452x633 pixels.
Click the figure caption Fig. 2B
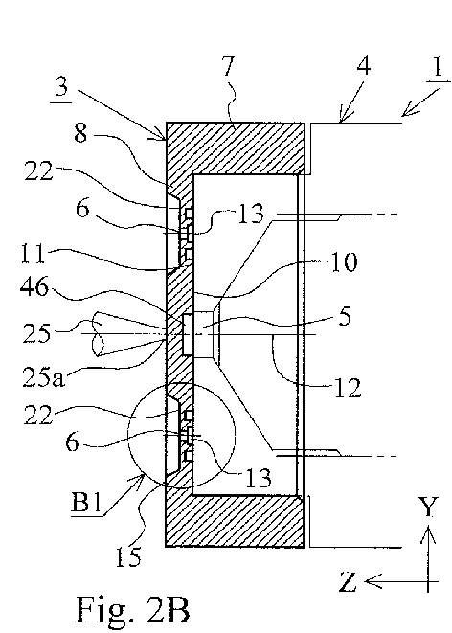(x=132, y=609)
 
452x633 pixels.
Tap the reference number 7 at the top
(x=229, y=66)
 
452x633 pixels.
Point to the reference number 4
(x=364, y=66)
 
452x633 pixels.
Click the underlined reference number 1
(x=439, y=67)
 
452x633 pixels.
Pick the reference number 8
(x=80, y=132)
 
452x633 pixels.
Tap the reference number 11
(x=34, y=254)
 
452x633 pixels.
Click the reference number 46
(x=34, y=286)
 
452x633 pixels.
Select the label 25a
(x=43, y=377)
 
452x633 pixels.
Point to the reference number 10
(x=344, y=262)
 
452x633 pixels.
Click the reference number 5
(x=344, y=316)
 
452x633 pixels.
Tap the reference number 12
(x=347, y=388)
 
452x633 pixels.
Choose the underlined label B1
(x=85, y=503)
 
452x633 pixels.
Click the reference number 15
(x=128, y=557)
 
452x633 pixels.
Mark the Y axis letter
(x=427, y=508)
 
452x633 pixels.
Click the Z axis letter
(x=347, y=581)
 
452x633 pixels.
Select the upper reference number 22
(x=38, y=171)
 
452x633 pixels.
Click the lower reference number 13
(x=259, y=478)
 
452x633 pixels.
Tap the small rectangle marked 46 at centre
(x=189, y=335)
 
